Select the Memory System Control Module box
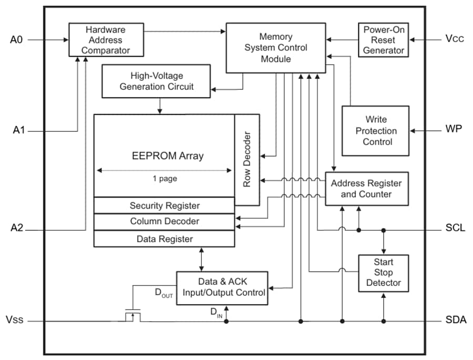275,48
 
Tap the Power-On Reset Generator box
384,40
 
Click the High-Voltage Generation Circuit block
156,81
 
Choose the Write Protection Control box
375,131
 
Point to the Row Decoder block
247,160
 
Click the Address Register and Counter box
366,189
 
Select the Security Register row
164,205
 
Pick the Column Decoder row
164,221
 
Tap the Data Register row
164,239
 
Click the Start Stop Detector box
383,272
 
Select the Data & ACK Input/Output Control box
222,287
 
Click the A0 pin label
16,39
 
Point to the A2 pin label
17,228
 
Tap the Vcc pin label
454,39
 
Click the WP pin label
454,129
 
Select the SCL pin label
455,229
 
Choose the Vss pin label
15,320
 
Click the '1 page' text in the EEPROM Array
164,179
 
